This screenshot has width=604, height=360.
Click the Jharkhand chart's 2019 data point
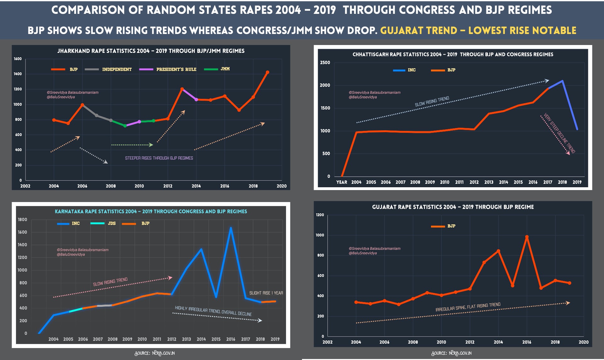(267, 72)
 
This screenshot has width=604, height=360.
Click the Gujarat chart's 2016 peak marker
(527, 237)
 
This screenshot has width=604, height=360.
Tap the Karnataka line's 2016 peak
(231, 228)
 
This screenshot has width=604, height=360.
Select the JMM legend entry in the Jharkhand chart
(217, 69)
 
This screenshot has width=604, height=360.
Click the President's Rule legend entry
(168, 69)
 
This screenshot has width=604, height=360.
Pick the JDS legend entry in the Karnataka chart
(103, 223)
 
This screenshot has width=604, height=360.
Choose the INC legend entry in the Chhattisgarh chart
(404, 70)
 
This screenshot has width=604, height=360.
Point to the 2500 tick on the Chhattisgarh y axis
(325, 63)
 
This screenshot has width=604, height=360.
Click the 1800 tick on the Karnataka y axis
(22, 220)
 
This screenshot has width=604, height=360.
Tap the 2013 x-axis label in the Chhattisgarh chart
(489, 182)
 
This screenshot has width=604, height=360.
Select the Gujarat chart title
(453, 207)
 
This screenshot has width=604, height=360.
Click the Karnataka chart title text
(151, 211)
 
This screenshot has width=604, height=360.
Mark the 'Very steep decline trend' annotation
(559, 133)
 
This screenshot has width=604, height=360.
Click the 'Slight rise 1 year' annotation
(266, 293)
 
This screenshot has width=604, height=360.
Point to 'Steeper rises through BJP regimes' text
(159, 158)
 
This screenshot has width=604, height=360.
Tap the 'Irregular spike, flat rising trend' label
(468, 307)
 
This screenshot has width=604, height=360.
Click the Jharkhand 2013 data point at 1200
(182, 89)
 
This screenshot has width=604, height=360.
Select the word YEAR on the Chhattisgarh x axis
(342, 182)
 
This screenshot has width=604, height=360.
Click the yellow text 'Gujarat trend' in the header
(418, 31)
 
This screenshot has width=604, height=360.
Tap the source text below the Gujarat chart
(451, 353)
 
